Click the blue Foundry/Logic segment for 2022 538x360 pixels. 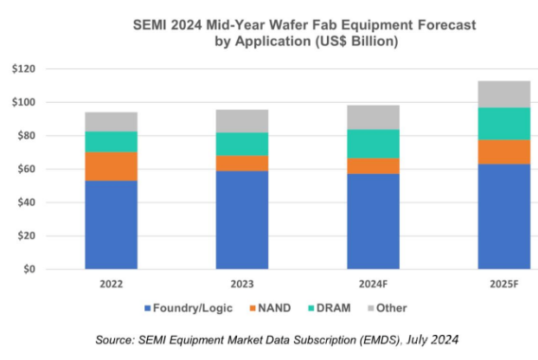click(x=111, y=224)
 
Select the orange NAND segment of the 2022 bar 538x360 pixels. click(x=111, y=166)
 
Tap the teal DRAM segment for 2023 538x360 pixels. click(x=241, y=144)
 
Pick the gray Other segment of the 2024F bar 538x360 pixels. click(x=372, y=118)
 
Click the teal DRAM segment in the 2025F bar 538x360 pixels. click(x=503, y=123)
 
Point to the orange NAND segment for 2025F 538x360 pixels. click(x=503, y=151)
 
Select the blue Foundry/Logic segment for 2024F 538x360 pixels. click(x=372, y=221)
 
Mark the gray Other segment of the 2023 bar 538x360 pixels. click(x=241, y=121)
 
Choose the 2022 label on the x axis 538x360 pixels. click(x=111, y=284)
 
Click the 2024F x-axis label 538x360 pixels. click(x=372, y=284)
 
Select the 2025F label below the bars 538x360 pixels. click(x=503, y=284)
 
